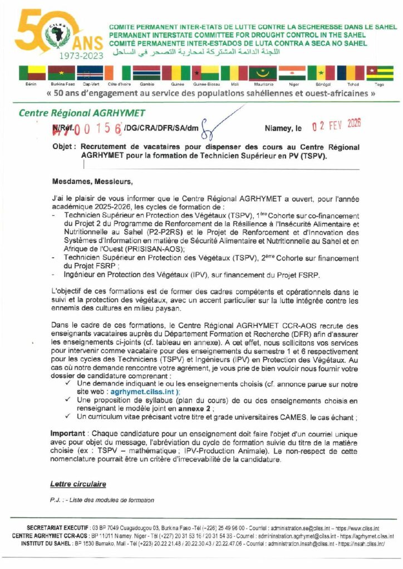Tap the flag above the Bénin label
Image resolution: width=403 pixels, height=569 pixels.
32,73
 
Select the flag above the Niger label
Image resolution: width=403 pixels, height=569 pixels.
292,73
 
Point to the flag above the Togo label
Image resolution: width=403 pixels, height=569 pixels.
380,73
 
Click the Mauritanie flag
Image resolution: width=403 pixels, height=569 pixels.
263,73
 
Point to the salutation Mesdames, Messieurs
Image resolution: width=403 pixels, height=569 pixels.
92,181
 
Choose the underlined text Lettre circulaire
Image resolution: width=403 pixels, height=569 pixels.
78,484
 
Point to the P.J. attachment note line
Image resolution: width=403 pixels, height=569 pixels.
102,500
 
